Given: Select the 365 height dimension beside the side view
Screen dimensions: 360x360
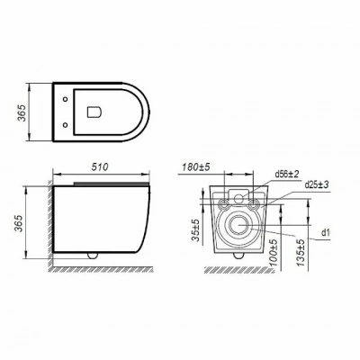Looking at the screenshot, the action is tap(19, 223).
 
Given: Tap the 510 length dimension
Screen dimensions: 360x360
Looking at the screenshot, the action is tap(100, 166).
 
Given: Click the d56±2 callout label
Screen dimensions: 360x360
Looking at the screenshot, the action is tap(287, 174).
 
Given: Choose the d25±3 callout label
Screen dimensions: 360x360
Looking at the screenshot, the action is tap(317, 184).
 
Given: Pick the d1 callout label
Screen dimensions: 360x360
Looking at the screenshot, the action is tap(326, 232).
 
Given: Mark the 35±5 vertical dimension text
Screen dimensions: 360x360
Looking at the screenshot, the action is tap(195, 229).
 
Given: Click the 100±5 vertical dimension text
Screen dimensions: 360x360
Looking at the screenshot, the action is tap(274, 253).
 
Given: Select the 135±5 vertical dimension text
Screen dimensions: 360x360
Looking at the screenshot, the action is tap(301, 253).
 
